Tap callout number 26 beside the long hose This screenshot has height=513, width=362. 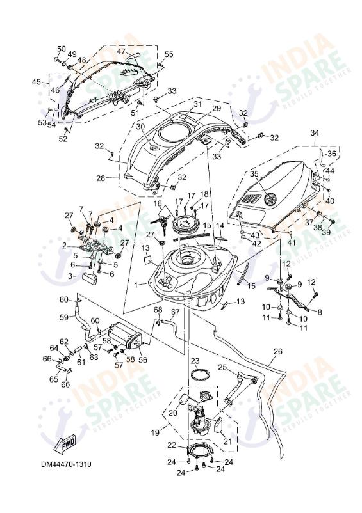[277, 351]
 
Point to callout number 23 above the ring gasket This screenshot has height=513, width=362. [195, 361]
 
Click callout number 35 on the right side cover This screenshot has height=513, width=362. [253, 173]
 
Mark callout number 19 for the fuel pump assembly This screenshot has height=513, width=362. [154, 432]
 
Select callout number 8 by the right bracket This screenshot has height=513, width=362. [320, 312]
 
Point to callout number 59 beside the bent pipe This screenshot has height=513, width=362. [64, 317]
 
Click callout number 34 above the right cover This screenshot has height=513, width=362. [314, 133]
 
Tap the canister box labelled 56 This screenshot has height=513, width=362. [121, 336]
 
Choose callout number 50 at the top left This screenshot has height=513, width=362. [62, 49]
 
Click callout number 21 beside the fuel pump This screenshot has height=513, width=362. [227, 441]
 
